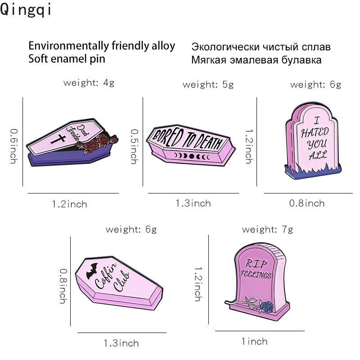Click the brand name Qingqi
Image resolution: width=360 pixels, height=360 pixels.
(27, 10)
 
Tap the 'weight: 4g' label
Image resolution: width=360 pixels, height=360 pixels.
(89, 83)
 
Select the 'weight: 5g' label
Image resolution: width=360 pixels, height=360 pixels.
(208, 85)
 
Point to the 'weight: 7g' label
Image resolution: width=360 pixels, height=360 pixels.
(267, 229)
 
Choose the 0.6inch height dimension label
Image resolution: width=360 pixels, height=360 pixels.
(13, 145)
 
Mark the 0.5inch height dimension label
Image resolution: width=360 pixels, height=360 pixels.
(134, 147)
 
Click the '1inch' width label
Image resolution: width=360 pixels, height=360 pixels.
(254, 342)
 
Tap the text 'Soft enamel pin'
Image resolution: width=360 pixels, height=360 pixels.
(67, 58)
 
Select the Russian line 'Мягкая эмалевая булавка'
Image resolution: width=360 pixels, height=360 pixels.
(256, 60)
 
